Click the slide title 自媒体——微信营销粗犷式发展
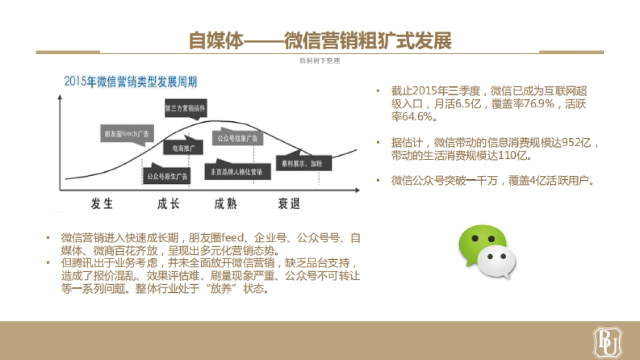[320, 41]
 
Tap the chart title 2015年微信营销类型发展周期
[131, 82]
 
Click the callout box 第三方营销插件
[185, 108]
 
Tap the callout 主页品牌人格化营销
[237, 172]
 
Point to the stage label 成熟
[226, 203]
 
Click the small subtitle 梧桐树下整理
[320, 61]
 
